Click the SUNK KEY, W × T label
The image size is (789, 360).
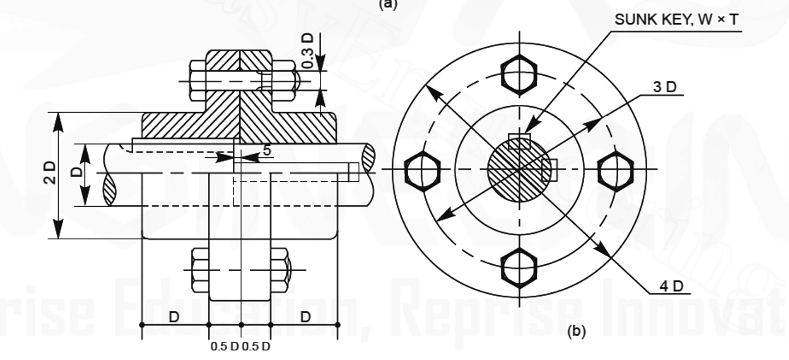tap(677, 21)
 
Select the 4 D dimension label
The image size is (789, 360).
tap(671, 286)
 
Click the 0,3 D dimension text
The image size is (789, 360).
tap(307, 51)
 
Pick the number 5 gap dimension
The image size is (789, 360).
tap(266, 150)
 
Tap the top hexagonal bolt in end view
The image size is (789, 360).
tap(519, 74)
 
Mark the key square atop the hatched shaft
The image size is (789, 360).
tap(519, 141)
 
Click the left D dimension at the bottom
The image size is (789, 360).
tap(174, 317)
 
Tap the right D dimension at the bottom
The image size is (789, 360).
tap(305, 317)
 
